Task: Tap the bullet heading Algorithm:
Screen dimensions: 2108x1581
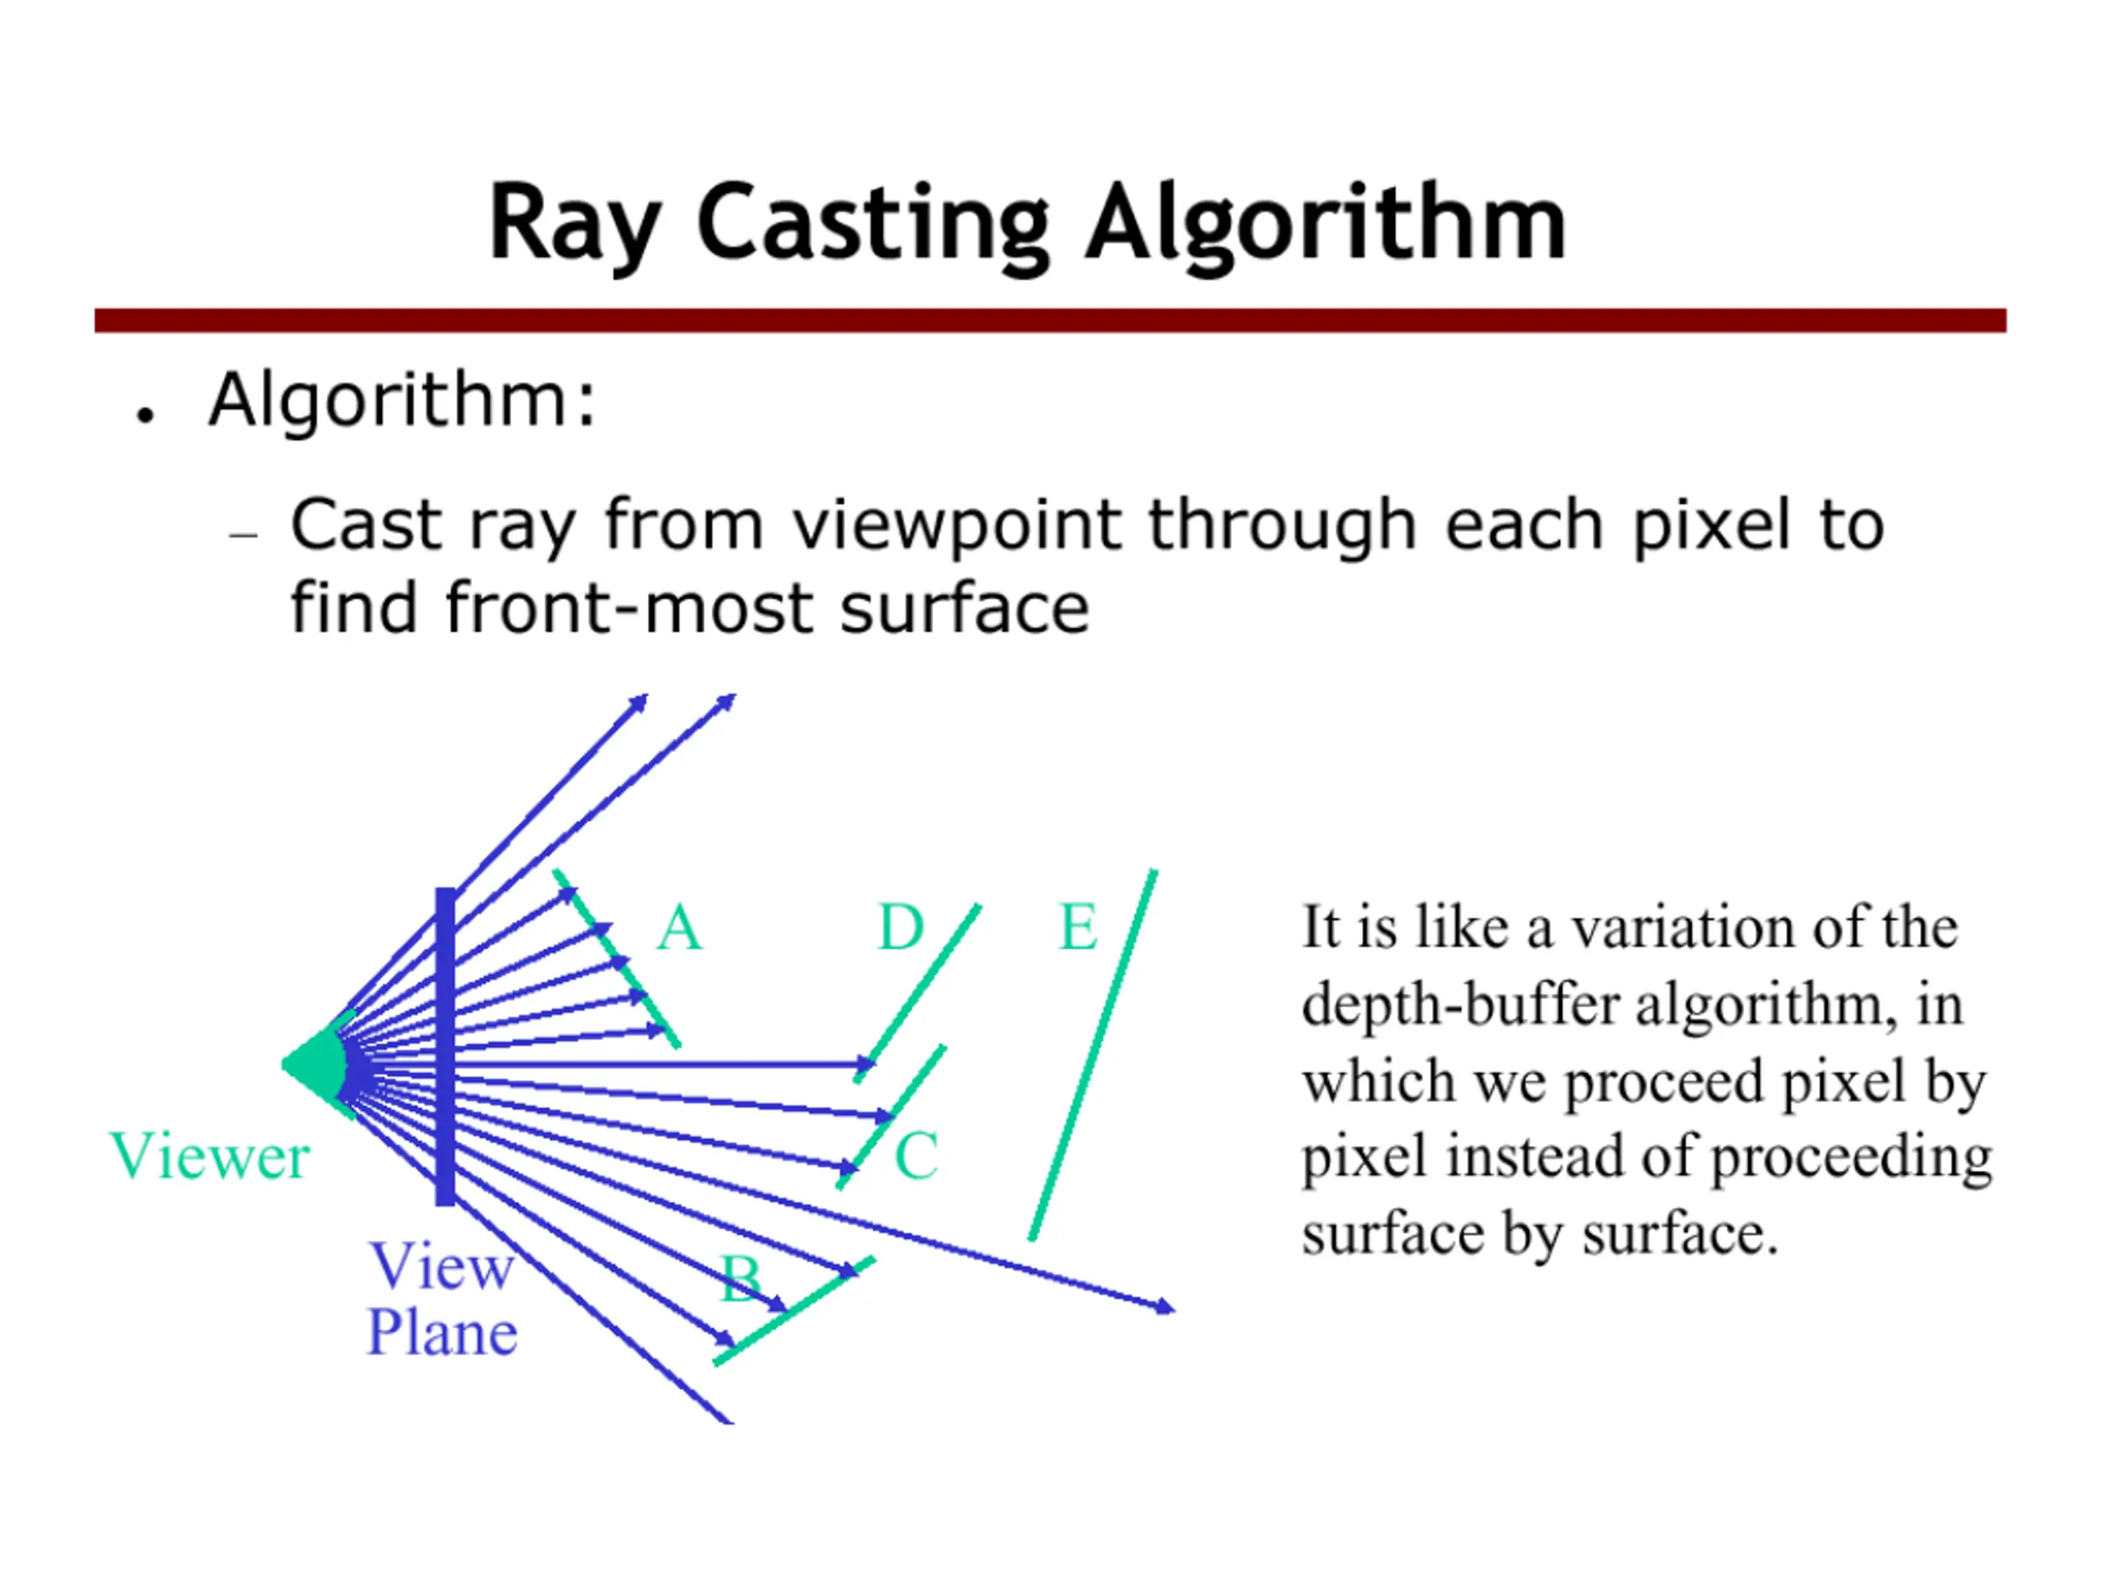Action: [402, 400]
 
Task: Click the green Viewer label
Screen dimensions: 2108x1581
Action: [210, 1156]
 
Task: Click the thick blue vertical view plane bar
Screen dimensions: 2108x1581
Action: [445, 1046]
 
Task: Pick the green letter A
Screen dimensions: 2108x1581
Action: [679, 927]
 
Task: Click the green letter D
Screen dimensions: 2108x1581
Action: [901, 926]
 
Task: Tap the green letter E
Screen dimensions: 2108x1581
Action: [1078, 926]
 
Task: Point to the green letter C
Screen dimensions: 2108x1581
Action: [916, 1155]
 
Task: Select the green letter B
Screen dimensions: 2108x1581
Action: [740, 1278]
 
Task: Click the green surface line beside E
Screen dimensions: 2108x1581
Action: [1093, 1055]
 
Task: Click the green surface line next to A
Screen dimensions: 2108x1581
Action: [617, 958]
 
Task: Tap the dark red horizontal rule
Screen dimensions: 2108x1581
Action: [1050, 320]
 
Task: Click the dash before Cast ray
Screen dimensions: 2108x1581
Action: [244, 535]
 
